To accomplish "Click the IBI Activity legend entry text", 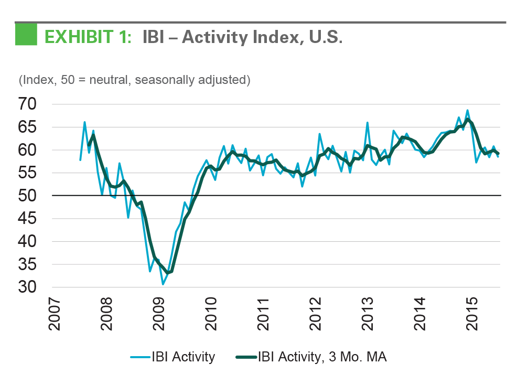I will click(183, 357).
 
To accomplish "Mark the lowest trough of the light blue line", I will click(163, 284).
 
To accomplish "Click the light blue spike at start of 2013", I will click(367, 123).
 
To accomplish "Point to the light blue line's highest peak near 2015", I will click(467, 110).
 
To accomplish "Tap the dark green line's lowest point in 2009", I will click(168, 273).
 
